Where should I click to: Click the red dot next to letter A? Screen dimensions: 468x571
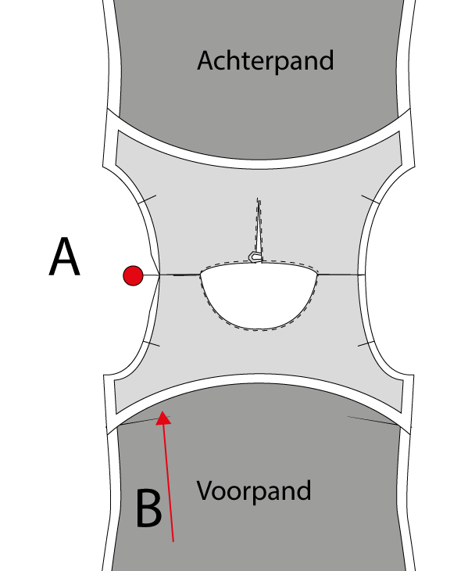(x=133, y=275)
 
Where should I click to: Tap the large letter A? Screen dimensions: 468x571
(x=64, y=257)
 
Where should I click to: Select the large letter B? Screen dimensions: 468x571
(x=148, y=508)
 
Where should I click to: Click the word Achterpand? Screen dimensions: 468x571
(x=265, y=61)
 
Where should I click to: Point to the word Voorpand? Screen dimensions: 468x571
(x=254, y=491)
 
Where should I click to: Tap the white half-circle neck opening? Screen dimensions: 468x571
(x=259, y=296)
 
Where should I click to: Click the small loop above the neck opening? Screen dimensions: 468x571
(x=255, y=257)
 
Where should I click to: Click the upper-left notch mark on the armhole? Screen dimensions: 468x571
(x=147, y=199)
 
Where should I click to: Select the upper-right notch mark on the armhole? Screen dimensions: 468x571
(x=370, y=199)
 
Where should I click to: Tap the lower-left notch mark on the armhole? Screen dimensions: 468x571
(x=152, y=343)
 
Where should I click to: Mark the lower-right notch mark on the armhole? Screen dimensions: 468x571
(x=366, y=343)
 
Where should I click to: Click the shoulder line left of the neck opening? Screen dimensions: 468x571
(x=180, y=275)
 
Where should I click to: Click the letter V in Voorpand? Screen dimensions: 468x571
(x=207, y=491)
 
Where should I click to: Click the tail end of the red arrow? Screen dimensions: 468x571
(x=173, y=541)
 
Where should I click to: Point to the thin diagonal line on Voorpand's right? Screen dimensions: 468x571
(x=373, y=420)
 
